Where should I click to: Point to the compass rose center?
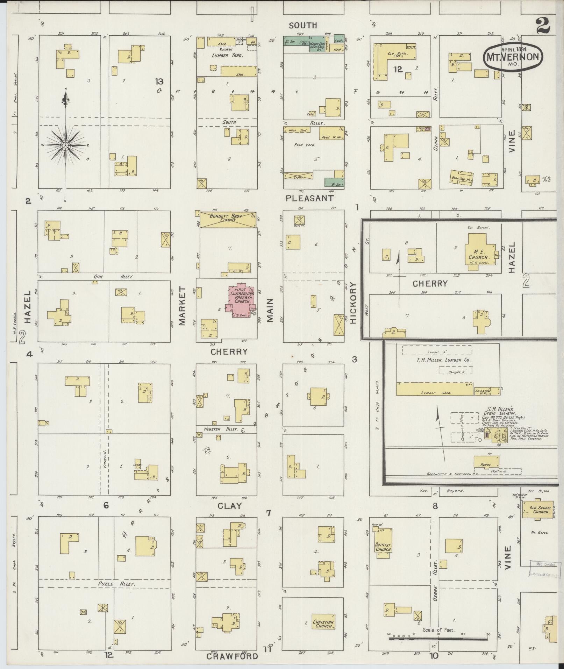tap(65, 145)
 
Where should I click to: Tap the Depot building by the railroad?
tap(486, 462)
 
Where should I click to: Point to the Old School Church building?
tap(537, 510)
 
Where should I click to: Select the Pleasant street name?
tap(309, 198)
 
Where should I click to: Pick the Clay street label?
tap(229, 505)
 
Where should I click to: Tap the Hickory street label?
tap(353, 303)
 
